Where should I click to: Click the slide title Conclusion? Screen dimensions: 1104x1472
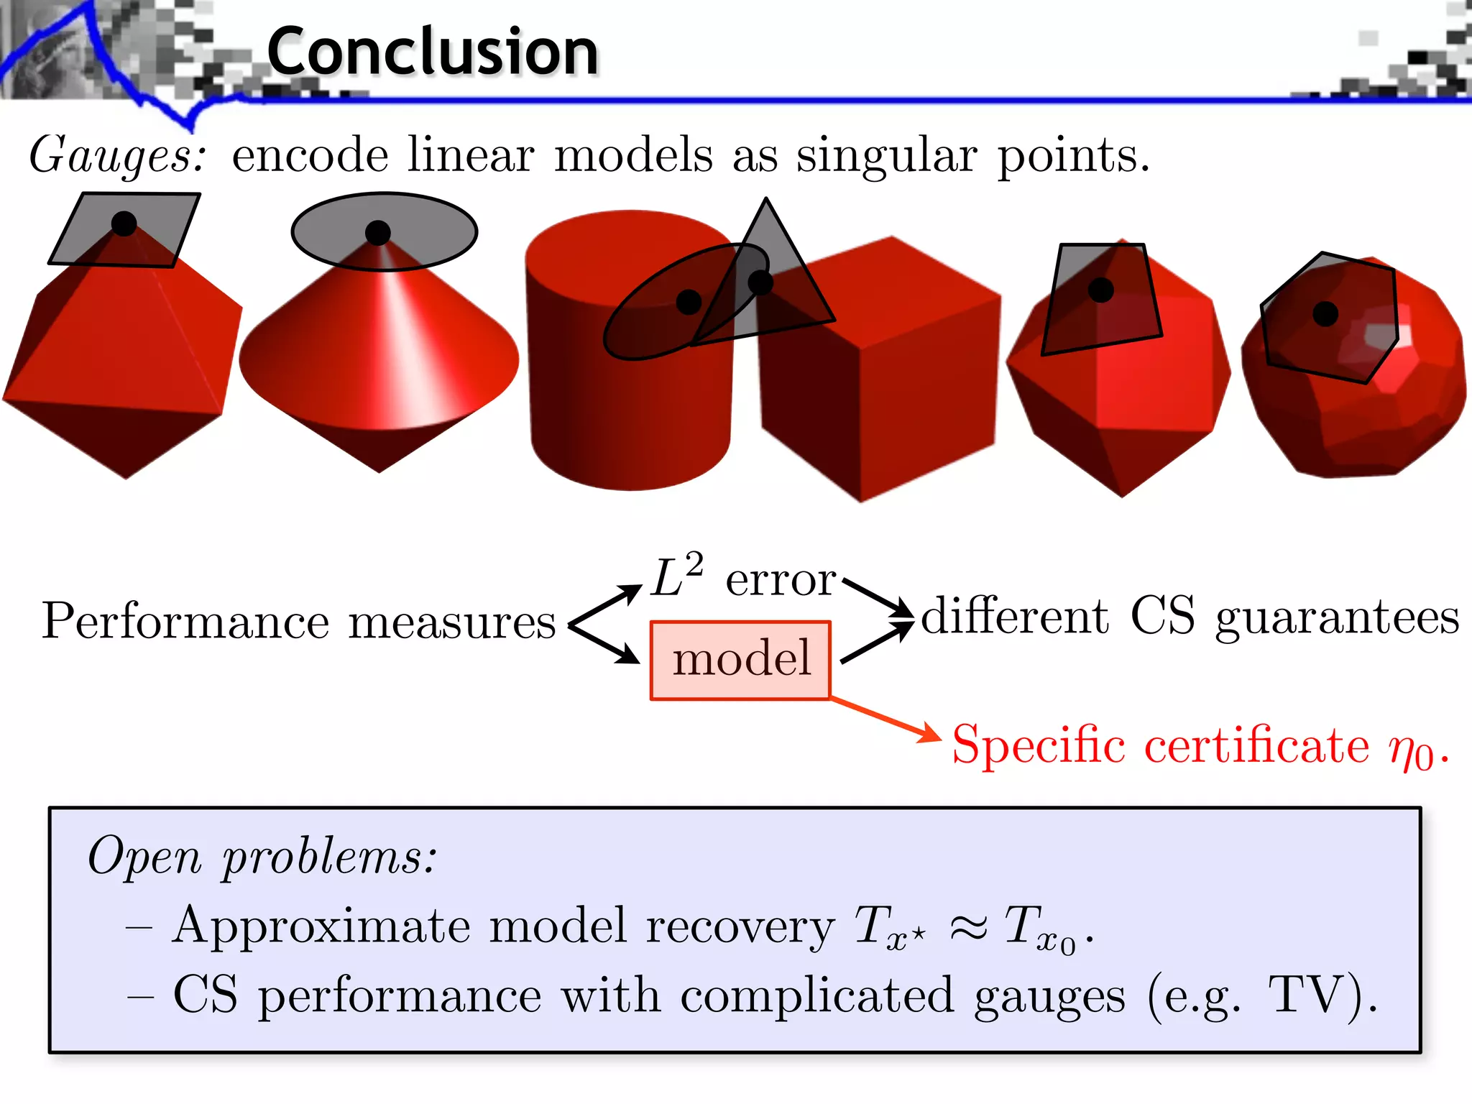[x=432, y=52]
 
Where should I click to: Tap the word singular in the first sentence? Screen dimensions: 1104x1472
[x=886, y=156]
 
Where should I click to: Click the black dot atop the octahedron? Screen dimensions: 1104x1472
[x=124, y=224]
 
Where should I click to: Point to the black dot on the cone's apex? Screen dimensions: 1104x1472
[x=378, y=232]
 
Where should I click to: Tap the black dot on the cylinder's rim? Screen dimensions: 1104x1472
[x=689, y=302]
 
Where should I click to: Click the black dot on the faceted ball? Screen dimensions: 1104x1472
[x=1325, y=313]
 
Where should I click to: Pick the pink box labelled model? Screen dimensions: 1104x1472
[x=741, y=660]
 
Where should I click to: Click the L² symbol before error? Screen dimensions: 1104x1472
[x=676, y=576]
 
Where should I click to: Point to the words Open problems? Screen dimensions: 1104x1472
[x=262, y=857]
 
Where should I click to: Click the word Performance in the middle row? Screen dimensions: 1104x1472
[x=185, y=621]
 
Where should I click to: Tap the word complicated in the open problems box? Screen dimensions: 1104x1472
[x=816, y=995]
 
